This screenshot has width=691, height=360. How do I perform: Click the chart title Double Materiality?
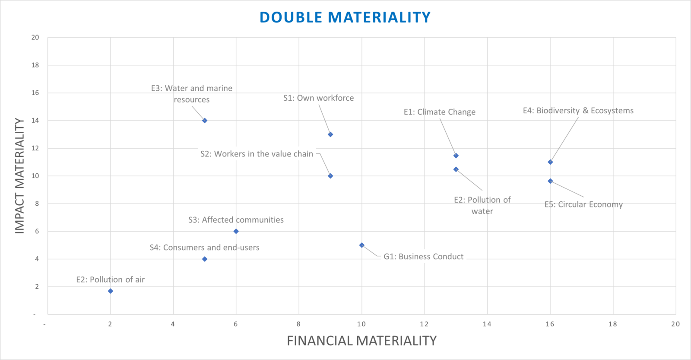pos(345,17)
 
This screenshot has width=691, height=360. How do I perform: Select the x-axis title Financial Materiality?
pos(361,341)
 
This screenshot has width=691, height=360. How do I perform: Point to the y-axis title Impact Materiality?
pos(20,176)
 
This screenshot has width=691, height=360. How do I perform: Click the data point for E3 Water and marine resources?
pos(205,121)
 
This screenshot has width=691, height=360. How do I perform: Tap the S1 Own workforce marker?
pos(330,134)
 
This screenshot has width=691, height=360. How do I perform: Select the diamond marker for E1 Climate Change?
pos(456,156)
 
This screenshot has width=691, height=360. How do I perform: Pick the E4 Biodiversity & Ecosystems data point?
pos(550,162)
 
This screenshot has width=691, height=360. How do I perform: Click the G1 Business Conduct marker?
pos(362,245)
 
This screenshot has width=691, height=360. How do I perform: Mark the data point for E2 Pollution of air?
pos(111,291)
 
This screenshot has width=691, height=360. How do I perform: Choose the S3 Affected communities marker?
pos(236,231)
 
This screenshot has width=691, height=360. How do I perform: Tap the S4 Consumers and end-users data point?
pos(205,259)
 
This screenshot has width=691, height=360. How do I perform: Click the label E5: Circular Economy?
pos(583,204)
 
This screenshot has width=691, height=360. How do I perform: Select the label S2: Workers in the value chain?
pos(257,154)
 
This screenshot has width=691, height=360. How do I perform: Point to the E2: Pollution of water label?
pos(482,205)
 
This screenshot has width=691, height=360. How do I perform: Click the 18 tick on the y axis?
pos(35,65)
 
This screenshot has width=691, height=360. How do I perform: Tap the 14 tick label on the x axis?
pos(487,324)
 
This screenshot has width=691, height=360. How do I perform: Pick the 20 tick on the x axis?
pos(675,324)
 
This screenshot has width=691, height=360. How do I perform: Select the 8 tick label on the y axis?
pos(37,204)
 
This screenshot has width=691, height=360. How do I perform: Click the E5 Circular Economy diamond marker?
pos(550,181)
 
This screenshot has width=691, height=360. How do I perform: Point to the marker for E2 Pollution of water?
pos(456,169)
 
